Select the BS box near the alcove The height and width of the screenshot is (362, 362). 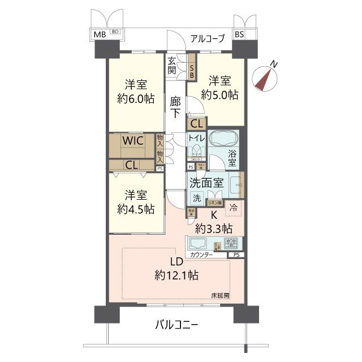click(239, 35)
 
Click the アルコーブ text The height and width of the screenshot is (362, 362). click(208, 38)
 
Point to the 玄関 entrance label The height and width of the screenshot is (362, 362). click(172, 66)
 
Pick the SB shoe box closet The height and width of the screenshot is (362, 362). click(192, 66)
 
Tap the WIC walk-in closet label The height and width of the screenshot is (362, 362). click(133, 140)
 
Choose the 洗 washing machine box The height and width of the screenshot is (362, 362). click(196, 198)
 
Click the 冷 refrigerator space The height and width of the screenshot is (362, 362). click(233, 208)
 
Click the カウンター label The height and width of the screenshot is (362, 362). click(201, 255)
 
